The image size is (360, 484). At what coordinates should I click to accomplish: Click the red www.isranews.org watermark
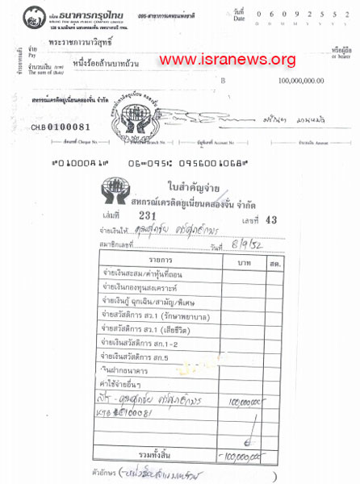click(x=228, y=60)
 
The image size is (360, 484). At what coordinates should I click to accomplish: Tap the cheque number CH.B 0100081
click(x=61, y=127)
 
